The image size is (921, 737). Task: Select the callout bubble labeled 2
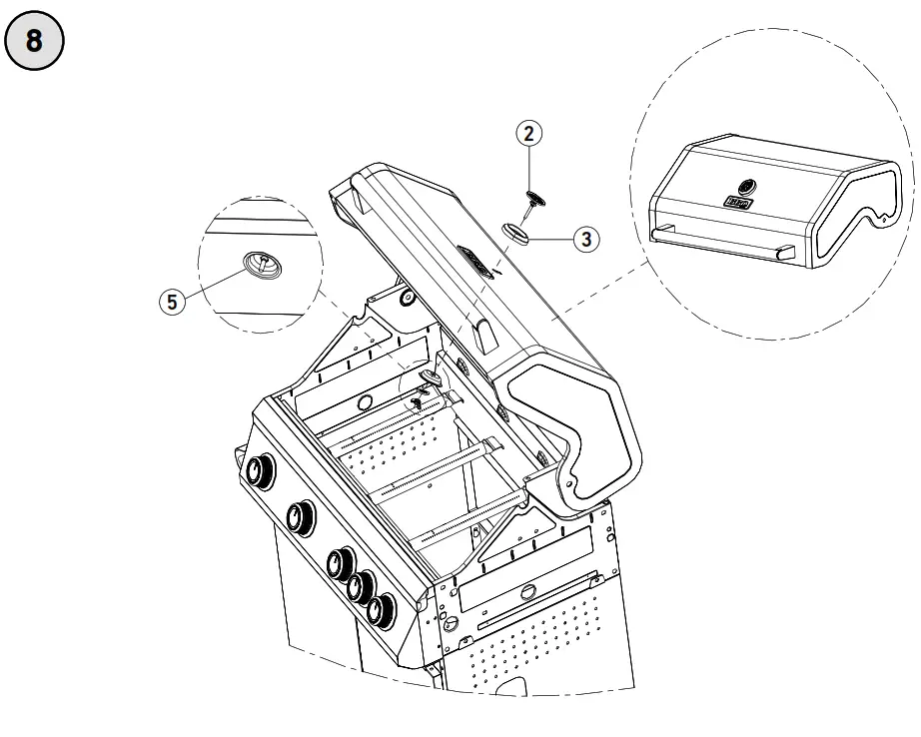[529, 134]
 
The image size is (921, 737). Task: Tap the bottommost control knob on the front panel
[379, 609]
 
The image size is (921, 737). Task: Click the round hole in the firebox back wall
[365, 402]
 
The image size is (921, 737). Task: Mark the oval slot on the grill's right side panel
[526, 595]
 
